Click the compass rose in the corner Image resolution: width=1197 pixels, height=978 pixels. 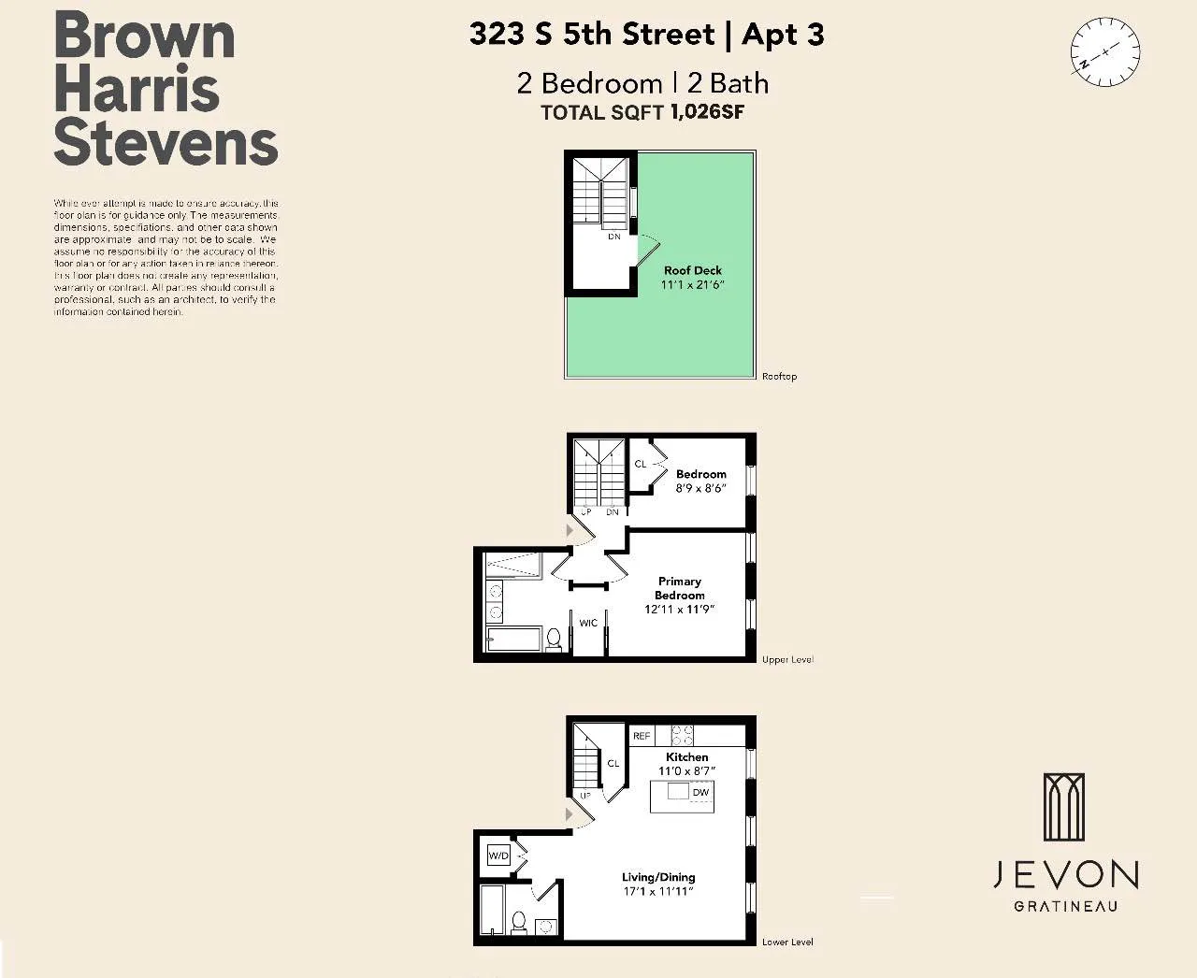(x=1104, y=51)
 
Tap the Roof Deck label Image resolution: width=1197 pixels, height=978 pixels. (x=692, y=270)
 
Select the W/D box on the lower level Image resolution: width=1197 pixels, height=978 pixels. (x=498, y=856)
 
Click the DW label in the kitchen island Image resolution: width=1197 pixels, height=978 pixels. (x=700, y=792)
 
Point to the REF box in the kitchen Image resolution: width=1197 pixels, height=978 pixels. (x=642, y=736)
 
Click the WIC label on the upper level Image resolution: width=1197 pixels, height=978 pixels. (x=588, y=623)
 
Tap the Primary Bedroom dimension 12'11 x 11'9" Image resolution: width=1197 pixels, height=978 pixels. (x=679, y=610)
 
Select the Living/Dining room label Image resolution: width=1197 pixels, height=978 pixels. (x=658, y=877)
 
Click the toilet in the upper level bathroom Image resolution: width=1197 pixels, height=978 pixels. (x=554, y=640)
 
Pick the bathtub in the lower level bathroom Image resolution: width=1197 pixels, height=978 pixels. (x=492, y=910)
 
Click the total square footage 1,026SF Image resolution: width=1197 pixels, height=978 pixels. (x=707, y=112)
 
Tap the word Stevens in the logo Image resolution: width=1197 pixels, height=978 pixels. (x=166, y=142)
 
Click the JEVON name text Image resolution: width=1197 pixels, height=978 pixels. (x=1065, y=875)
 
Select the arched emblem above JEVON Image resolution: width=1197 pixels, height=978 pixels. (x=1064, y=807)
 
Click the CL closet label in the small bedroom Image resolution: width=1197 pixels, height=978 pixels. (x=641, y=464)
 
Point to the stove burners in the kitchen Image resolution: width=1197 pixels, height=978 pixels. (x=683, y=735)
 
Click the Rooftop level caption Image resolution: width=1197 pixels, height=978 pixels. (x=779, y=376)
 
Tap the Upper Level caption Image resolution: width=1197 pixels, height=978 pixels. (x=787, y=659)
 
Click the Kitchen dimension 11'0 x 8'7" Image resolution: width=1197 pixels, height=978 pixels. (x=686, y=771)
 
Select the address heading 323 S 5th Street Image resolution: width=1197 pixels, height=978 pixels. (x=591, y=35)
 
